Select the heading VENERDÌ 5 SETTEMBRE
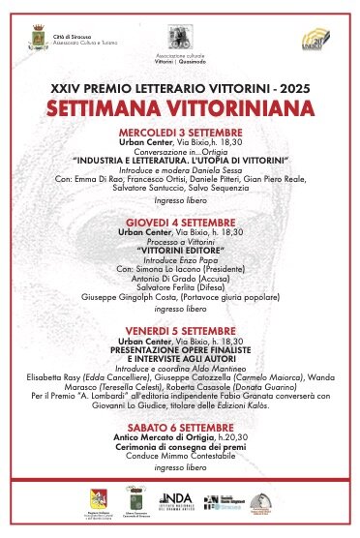(x=179, y=331)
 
